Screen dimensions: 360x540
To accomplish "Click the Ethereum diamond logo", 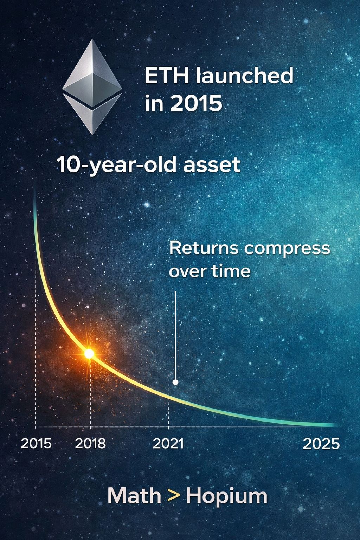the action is tap(92, 87).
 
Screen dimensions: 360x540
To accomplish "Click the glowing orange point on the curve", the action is tap(89, 354).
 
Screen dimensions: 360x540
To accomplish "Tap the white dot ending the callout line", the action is tap(175, 382).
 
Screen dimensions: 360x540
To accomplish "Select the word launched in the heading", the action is tap(244, 76).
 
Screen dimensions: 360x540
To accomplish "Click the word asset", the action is tap(212, 165).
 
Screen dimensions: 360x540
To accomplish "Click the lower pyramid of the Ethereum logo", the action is tap(92, 113).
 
